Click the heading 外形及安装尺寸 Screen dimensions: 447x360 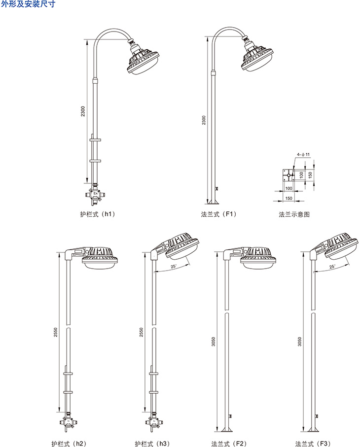click(28, 5)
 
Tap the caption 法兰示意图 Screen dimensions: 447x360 click(294, 214)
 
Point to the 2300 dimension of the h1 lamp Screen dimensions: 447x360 click(83, 111)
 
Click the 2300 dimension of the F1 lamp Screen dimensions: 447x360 click(204, 120)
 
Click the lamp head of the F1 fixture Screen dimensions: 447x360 click(259, 58)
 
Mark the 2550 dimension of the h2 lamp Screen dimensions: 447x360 click(56, 334)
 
